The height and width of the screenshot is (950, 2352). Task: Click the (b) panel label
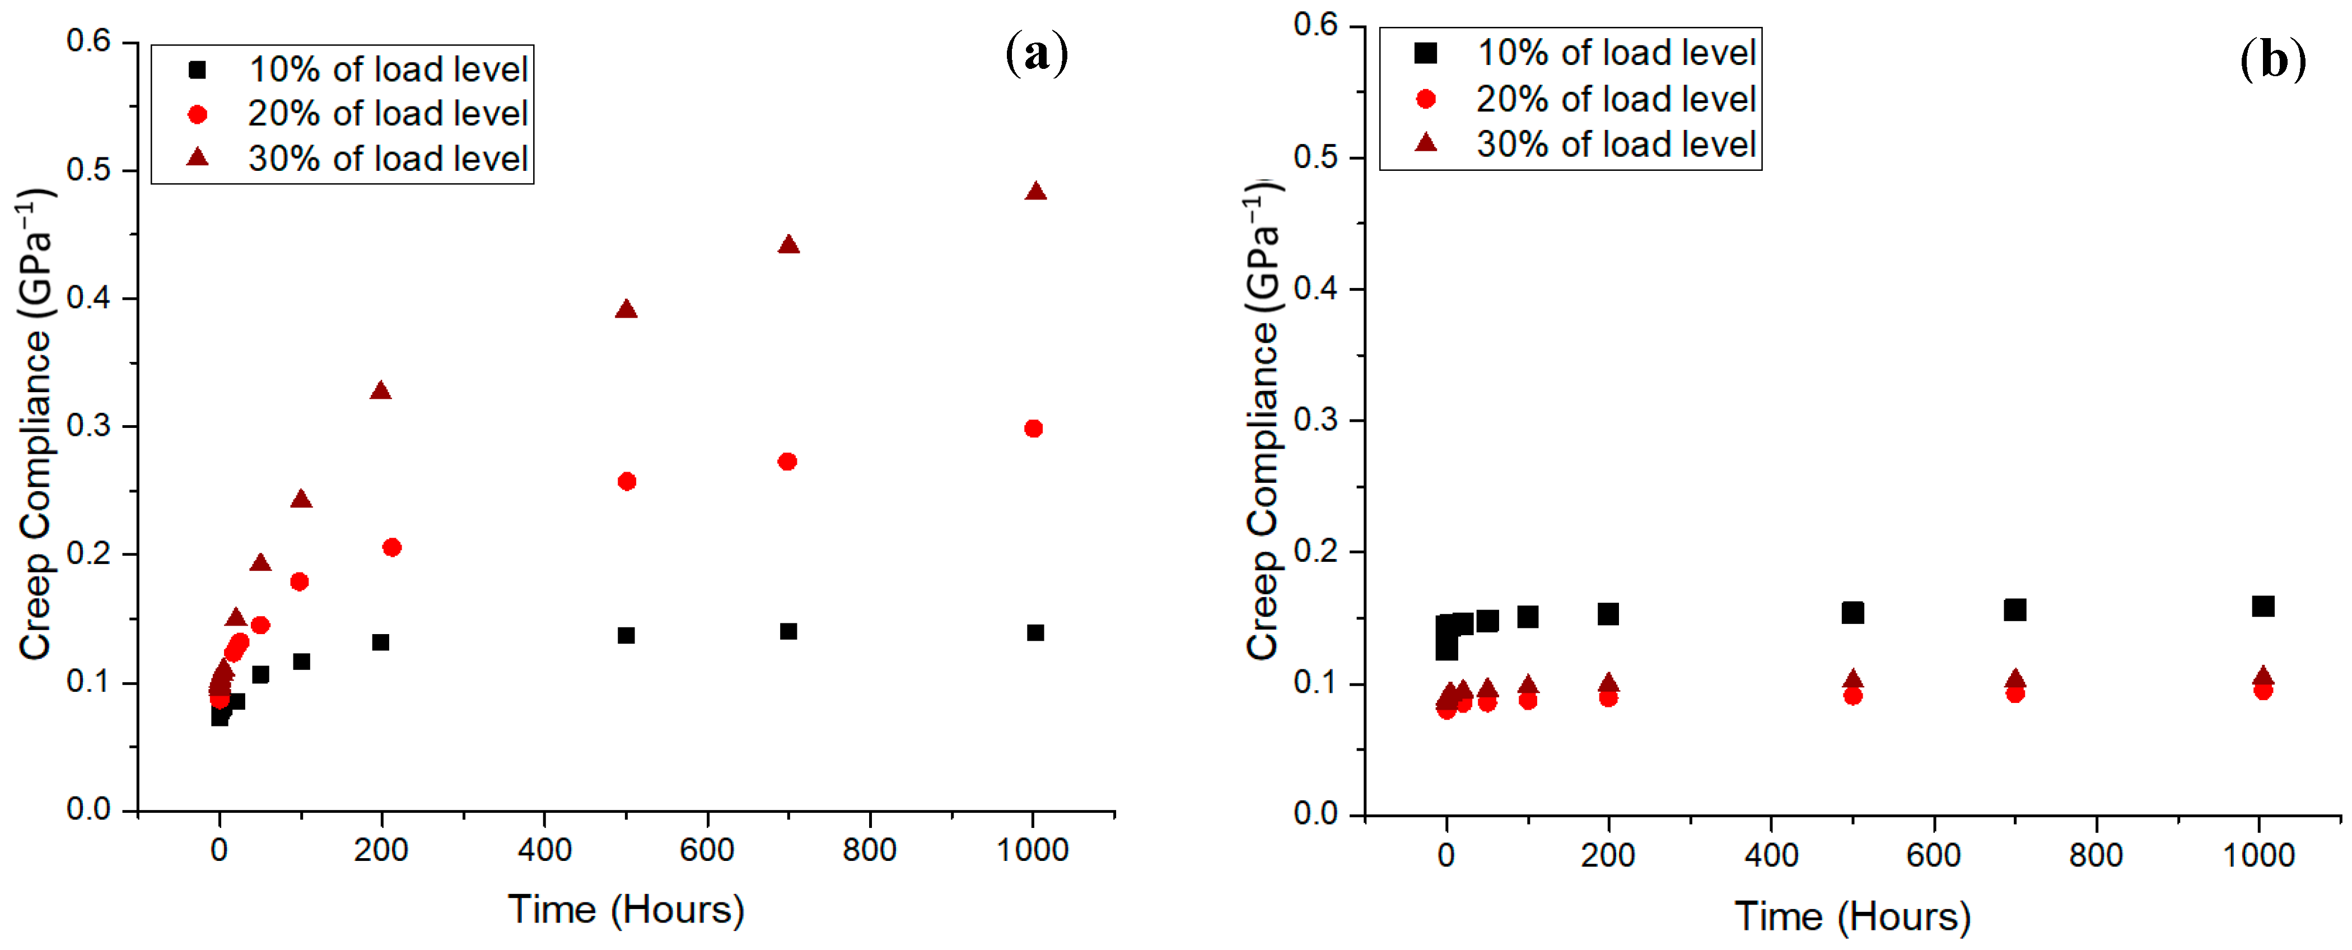(x=2272, y=60)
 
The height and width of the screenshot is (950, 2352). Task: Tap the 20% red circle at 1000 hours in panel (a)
(x=1034, y=429)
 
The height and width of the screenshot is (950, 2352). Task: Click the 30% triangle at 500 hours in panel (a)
(x=626, y=309)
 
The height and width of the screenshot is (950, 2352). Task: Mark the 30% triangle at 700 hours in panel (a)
(x=789, y=244)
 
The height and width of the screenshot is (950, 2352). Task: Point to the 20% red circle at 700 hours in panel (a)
(x=787, y=462)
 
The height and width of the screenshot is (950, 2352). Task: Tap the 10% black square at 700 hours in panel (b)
(x=2015, y=609)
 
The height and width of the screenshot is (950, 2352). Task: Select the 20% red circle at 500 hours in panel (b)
(x=1852, y=695)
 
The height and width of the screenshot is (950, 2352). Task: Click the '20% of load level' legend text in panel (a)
(x=388, y=113)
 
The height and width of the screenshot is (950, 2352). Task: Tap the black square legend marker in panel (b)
(x=1425, y=53)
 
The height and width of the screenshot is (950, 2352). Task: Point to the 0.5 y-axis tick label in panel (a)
(x=88, y=170)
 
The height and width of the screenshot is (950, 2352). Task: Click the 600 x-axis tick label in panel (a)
(x=707, y=850)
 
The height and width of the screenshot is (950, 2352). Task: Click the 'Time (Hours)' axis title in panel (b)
(x=1852, y=916)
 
